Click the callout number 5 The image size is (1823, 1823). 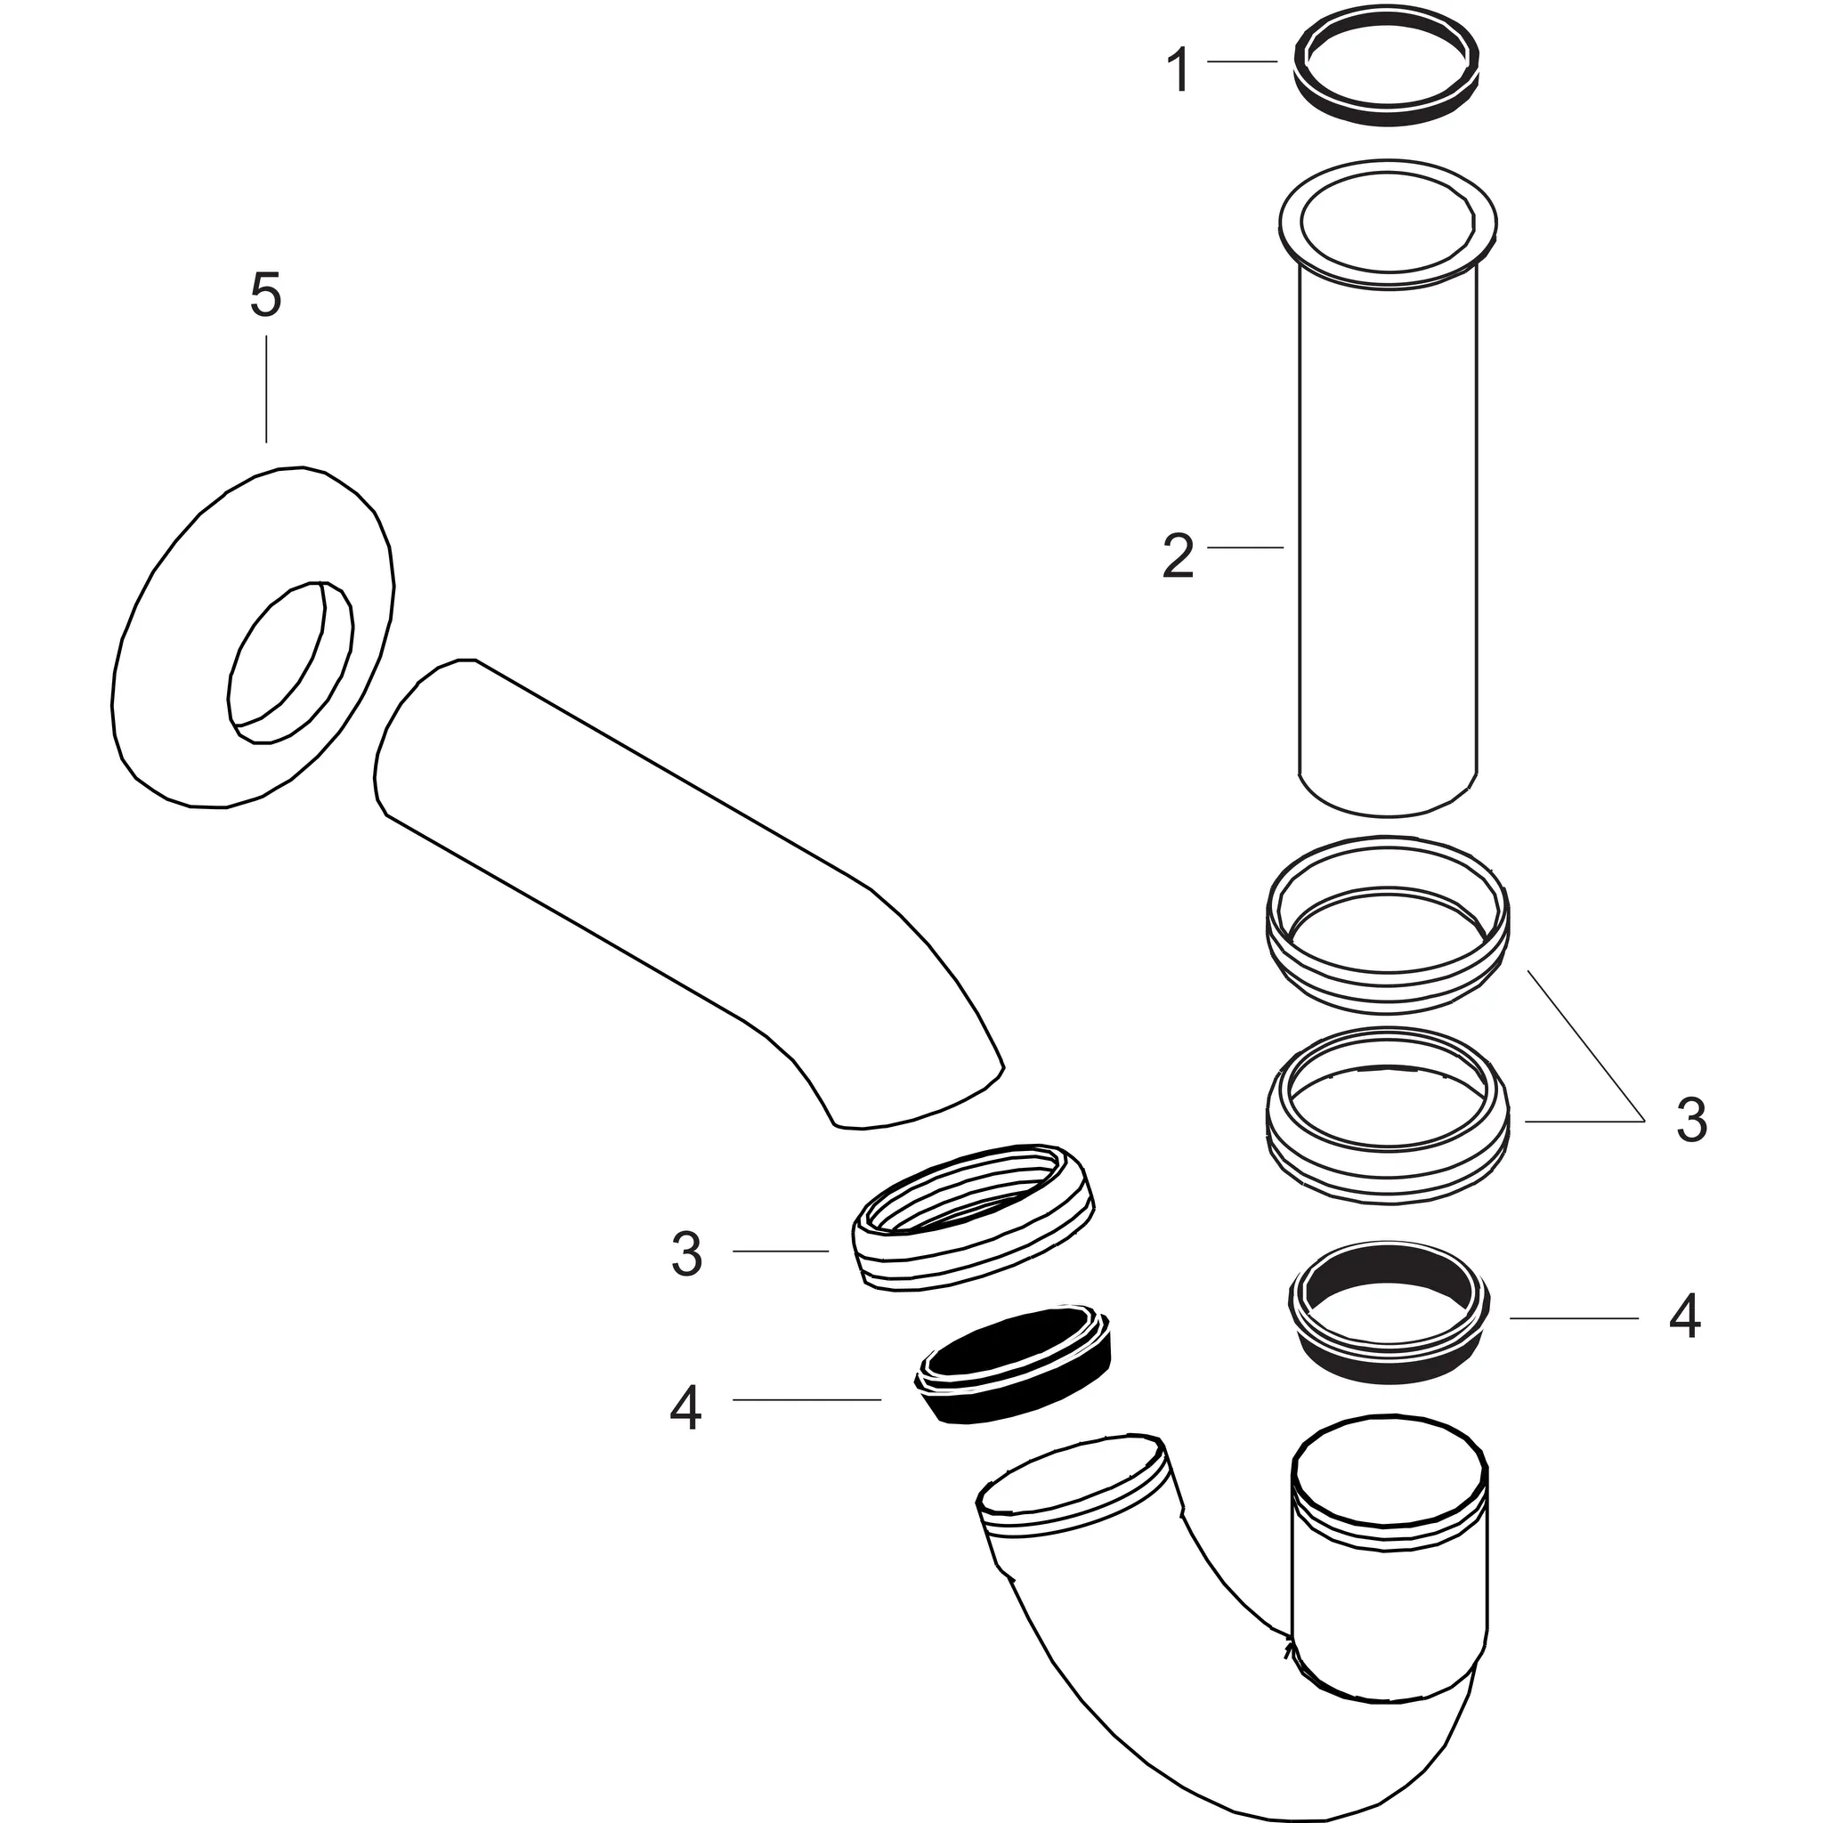click(265, 296)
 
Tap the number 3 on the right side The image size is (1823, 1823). click(1692, 1121)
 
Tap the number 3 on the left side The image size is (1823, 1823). click(686, 1254)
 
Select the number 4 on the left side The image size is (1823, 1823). click(686, 1410)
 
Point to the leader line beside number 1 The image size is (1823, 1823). click(1242, 61)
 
